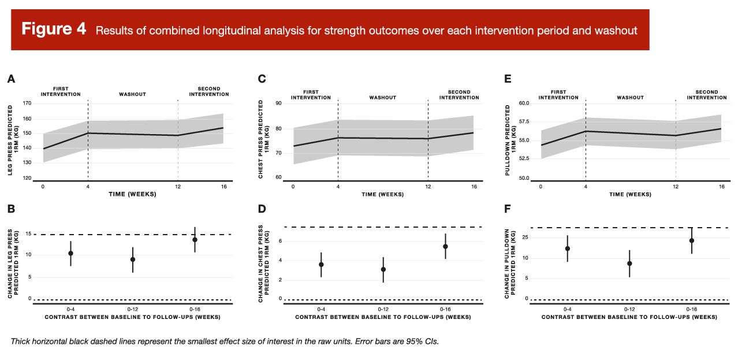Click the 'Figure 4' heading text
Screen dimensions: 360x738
coord(54,29)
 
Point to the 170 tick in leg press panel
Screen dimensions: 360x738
coord(27,103)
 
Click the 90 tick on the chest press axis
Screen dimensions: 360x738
coord(277,103)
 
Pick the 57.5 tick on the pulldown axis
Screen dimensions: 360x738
coord(524,122)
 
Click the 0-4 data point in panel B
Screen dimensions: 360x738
coord(70,253)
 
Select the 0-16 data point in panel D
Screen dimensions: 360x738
coord(445,246)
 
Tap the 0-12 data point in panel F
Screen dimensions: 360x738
coord(629,263)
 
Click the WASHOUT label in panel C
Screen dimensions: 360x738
coord(383,98)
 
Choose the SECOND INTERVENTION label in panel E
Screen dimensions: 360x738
coord(707,95)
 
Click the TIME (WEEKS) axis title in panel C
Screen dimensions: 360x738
coord(383,194)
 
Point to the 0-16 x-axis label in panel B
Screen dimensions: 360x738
coord(195,309)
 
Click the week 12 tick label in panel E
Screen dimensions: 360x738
coord(676,186)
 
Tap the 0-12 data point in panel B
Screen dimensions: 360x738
coord(133,259)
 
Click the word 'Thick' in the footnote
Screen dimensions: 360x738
coord(21,342)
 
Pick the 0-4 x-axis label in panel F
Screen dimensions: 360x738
coord(567,309)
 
